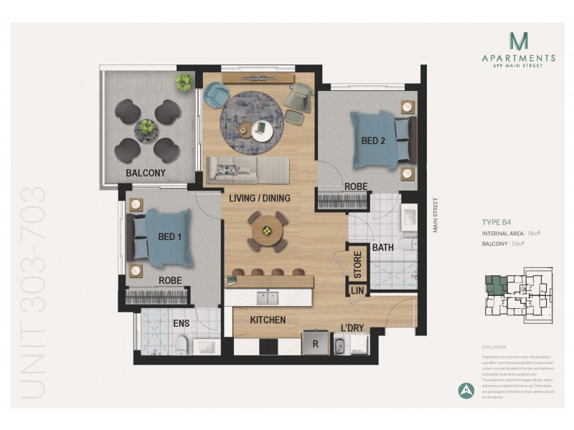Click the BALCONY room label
(146, 173)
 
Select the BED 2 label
(373, 141)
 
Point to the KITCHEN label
(268, 320)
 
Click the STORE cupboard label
(357, 262)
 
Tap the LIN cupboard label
(357, 290)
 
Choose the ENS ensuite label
(181, 323)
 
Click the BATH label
(382, 248)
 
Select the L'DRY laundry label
(352, 328)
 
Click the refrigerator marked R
(314, 343)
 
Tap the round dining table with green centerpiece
(267, 231)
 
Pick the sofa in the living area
(248, 171)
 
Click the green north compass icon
(465, 390)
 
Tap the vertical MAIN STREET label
(433, 215)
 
